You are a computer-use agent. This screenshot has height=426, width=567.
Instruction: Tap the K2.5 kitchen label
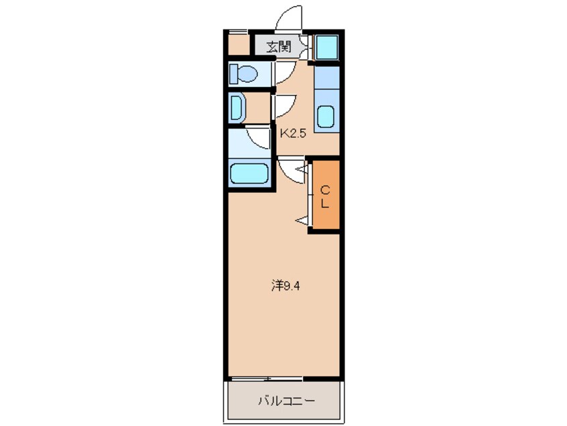[x=293, y=133]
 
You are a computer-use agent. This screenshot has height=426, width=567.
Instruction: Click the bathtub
[x=249, y=174]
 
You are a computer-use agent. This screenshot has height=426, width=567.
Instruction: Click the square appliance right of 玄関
[x=327, y=47]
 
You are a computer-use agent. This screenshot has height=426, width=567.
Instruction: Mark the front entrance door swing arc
[x=289, y=17]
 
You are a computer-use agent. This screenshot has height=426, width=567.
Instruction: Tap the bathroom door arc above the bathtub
[x=258, y=137]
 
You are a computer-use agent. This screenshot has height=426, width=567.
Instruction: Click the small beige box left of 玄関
[x=237, y=46]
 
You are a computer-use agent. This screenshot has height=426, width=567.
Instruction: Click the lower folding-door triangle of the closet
[x=302, y=220]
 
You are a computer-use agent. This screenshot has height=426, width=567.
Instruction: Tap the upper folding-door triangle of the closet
[x=302, y=171]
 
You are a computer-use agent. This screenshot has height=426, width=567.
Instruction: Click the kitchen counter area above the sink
[x=326, y=80]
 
